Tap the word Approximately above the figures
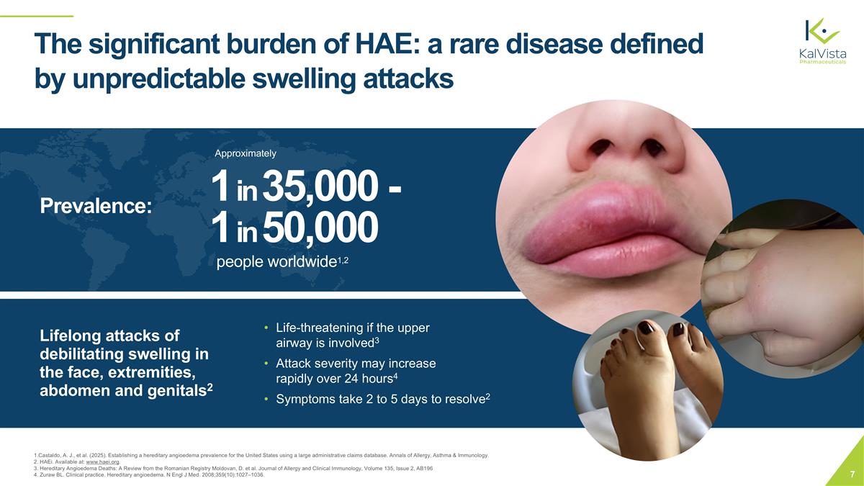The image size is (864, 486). click(245, 153)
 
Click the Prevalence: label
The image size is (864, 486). click(96, 206)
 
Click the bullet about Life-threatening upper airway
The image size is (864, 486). click(353, 335)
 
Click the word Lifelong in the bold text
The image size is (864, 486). click(71, 336)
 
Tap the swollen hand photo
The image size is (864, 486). click(785, 295)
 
